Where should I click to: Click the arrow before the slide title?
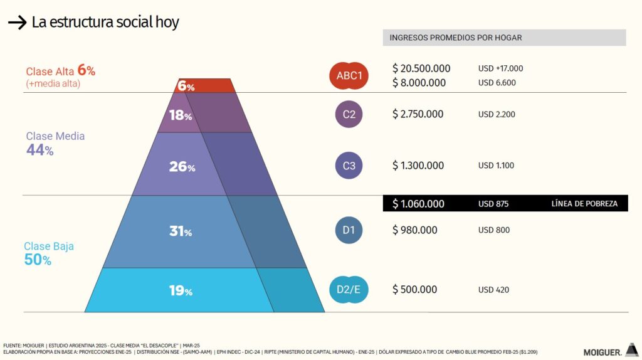pyautogui.click(x=16, y=23)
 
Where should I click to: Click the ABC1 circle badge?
pyautogui.click(x=349, y=76)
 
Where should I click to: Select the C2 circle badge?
pyautogui.click(x=349, y=114)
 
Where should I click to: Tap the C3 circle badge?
pyautogui.click(x=349, y=166)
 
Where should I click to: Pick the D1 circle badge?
pyautogui.click(x=349, y=230)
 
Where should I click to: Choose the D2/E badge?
pyautogui.click(x=349, y=290)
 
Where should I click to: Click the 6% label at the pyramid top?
pyautogui.click(x=186, y=86)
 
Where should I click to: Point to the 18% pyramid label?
pyautogui.click(x=180, y=115)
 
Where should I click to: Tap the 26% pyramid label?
pyautogui.click(x=182, y=167)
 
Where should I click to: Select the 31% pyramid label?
pyautogui.click(x=181, y=231)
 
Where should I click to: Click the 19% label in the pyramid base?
pyautogui.click(x=181, y=290)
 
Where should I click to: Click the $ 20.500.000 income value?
pyautogui.click(x=421, y=68)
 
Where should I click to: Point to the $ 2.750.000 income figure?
pyautogui.click(x=418, y=114)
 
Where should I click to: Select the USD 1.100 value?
pyautogui.click(x=497, y=166)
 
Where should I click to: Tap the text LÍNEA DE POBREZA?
pyautogui.click(x=584, y=204)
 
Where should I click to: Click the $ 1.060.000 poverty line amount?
pyautogui.click(x=418, y=204)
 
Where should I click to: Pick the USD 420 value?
pyautogui.click(x=493, y=290)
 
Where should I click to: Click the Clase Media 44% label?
pyautogui.click(x=55, y=143)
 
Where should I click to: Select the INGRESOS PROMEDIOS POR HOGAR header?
pyautogui.click(x=455, y=38)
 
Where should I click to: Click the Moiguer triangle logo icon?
pyautogui.click(x=631, y=349)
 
